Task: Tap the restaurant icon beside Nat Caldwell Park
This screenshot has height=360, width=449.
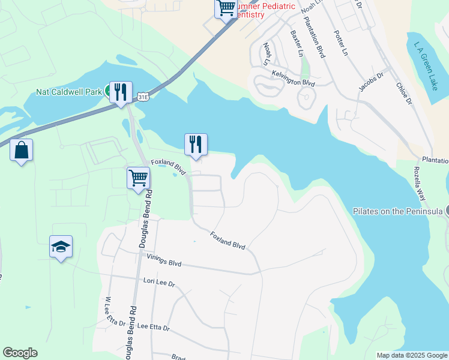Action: tap(121, 92)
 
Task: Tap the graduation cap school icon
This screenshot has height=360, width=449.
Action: tap(61, 247)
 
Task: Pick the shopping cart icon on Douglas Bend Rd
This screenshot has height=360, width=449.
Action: tap(138, 178)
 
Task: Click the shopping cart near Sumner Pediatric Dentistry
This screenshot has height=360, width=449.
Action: tap(226, 8)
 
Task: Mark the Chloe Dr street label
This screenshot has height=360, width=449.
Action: tap(404, 94)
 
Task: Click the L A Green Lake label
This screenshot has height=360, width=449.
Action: tap(426, 65)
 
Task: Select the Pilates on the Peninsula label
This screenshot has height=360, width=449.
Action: tap(398, 211)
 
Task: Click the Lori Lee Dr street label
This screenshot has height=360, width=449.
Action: tap(159, 281)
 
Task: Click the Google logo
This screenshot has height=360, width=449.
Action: tap(20, 353)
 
